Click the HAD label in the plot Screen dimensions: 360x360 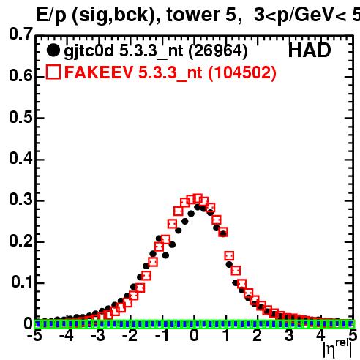tap(310, 50)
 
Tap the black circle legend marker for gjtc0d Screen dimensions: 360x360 tap(53, 50)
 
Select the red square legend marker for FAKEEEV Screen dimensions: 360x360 tap(53, 72)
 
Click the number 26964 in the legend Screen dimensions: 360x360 tap(218, 50)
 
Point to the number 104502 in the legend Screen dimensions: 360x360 tap(242, 72)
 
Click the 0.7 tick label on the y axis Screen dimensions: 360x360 tap(20, 34)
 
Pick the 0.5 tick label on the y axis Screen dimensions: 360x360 tap(20, 117)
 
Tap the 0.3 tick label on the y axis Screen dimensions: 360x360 tap(20, 200)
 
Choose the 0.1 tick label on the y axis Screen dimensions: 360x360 tap(22, 282)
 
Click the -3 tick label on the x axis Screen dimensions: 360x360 tap(98, 336)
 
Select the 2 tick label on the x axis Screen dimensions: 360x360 tap(258, 336)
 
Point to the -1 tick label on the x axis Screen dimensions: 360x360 tap(162, 336)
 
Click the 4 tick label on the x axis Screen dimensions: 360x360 tap(320, 336)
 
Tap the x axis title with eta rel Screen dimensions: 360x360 tap(337, 348)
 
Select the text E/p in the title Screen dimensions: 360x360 tap(51, 15)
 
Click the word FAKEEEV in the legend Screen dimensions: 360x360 tap(99, 72)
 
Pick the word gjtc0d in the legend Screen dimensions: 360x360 tap(89, 51)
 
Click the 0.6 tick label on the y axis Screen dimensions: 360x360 tap(20, 75)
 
